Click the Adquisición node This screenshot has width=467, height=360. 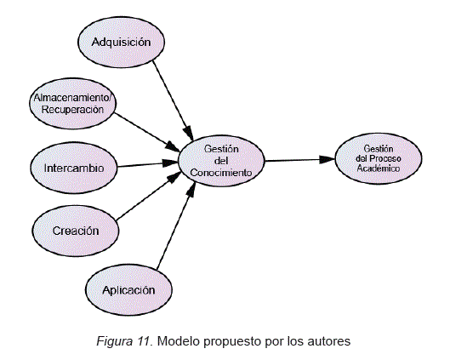[121, 42]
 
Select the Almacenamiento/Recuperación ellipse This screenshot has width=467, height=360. [72, 104]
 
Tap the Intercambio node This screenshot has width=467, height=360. [74, 169]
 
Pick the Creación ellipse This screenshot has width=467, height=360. [76, 231]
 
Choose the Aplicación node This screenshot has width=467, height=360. [128, 290]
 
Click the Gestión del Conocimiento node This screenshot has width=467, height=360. [221, 161]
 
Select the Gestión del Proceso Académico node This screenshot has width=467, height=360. [379, 158]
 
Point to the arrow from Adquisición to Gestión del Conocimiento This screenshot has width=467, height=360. [173, 100]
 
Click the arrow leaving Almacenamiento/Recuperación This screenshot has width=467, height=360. [147, 132]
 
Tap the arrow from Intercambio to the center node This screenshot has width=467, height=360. [148, 164]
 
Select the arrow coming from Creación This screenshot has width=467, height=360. [149, 197]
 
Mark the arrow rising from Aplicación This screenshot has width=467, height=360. [176, 226]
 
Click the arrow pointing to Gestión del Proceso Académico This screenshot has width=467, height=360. [300, 160]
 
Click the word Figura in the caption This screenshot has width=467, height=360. [115, 341]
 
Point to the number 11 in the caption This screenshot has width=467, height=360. [143, 340]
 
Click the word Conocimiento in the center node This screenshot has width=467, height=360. [221, 173]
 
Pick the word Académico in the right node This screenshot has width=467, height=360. [379, 169]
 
